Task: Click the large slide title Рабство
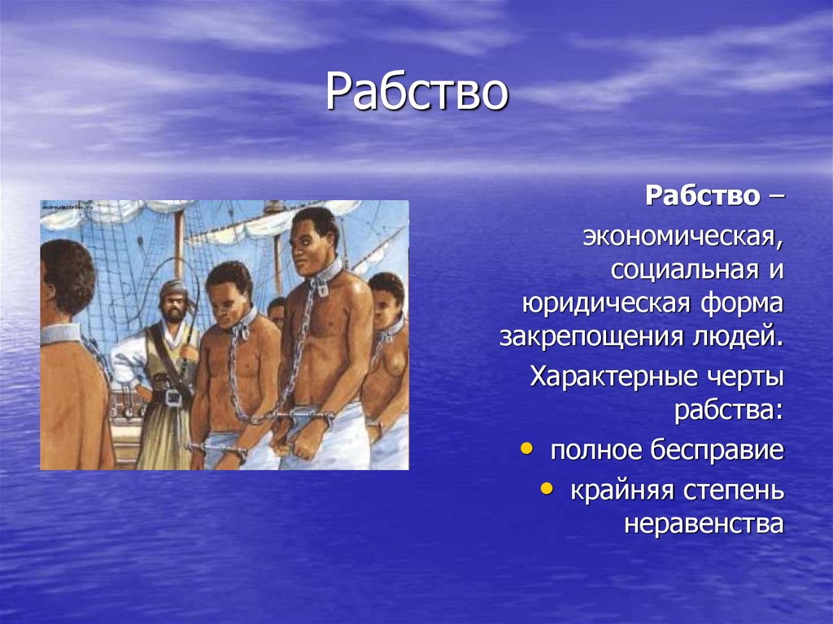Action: click(x=416, y=93)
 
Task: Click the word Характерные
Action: click(x=614, y=377)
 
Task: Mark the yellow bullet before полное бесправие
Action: click(x=528, y=448)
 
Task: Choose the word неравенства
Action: click(x=704, y=523)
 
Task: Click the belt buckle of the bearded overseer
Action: click(x=172, y=398)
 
